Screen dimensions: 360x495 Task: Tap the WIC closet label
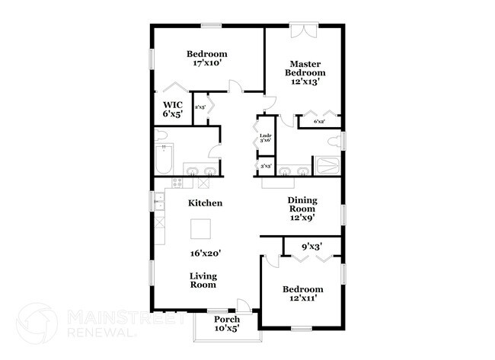pyautogui.click(x=172, y=108)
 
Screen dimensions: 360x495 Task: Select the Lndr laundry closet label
pyautogui.click(x=265, y=139)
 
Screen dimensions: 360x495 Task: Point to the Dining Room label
pyautogui.click(x=302, y=208)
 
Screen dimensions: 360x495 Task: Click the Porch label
pyautogui.click(x=227, y=323)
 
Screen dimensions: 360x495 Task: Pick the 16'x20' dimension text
pyautogui.click(x=206, y=253)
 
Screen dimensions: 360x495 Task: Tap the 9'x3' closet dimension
pyautogui.click(x=311, y=246)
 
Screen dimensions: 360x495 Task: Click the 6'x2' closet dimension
pyautogui.click(x=319, y=121)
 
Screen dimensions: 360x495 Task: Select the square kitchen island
pyautogui.click(x=201, y=228)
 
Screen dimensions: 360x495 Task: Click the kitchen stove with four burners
pyautogui.click(x=178, y=183)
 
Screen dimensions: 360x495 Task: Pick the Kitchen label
pyautogui.click(x=205, y=203)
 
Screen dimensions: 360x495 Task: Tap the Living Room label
pyautogui.click(x=204, y=279)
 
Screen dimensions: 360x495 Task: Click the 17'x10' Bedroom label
pyautogui.click(x=207, y=59)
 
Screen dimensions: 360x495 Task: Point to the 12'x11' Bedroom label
pyautogui.click(x=302, y=294)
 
